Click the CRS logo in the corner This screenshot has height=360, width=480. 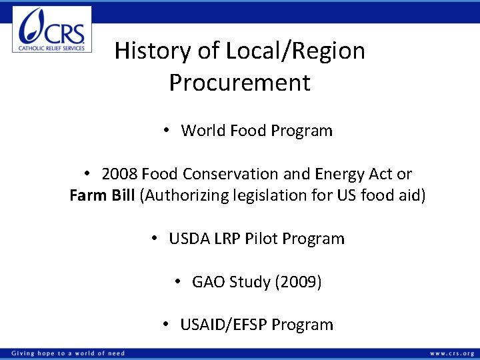52,29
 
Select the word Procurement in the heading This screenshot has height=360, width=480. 239,83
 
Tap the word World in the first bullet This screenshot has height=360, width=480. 203,131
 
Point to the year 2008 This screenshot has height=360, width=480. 119,174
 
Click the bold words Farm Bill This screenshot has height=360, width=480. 103,196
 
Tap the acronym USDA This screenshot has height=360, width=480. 191,239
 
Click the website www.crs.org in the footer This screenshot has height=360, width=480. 451,353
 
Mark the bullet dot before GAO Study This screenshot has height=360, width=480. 178,282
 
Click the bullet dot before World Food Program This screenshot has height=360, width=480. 167,131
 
